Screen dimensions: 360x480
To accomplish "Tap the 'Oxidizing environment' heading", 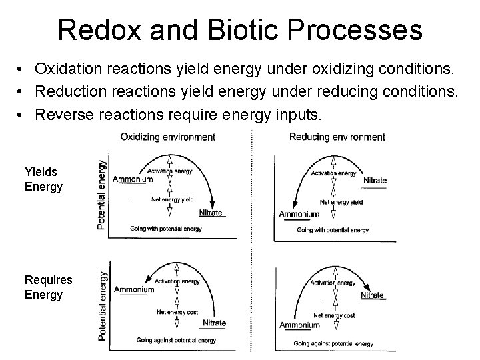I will click(x=168, y=137).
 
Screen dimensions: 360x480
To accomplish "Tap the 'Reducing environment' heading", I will click(x=337, y=137).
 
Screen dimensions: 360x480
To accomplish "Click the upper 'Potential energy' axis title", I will click(x=101, y=194).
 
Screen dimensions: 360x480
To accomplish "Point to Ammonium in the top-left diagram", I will click(x=133, y=180).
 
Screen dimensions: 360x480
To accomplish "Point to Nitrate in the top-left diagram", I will click(x=211, y=213).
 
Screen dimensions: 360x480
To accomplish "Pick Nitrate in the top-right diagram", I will click(x=375, y=181).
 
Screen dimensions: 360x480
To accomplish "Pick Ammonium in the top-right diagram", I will click(x=299, y=214).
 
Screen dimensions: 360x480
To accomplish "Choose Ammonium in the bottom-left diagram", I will click(x=134, y=289).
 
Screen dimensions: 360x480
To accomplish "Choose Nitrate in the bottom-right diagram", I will click(x=372, y=295).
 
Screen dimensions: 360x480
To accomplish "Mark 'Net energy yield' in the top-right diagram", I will click(x=341, y=202).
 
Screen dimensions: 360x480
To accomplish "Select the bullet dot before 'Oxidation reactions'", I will click(x=22, y=69).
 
